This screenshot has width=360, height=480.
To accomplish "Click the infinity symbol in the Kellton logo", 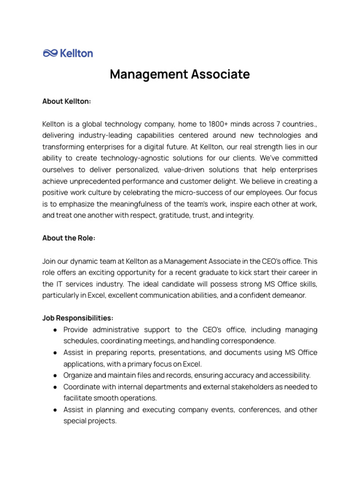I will click(x=50, y=53).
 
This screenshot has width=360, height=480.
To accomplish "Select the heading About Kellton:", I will click(x=67, y=101).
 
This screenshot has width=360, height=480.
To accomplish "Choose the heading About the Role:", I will click(x=69, y=238).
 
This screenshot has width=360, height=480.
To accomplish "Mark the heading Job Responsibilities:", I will click(x=77, y=318).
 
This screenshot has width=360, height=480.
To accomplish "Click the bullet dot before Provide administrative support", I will click(x=55, y=330).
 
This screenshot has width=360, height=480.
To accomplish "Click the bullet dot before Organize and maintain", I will click(x=55, y=375).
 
